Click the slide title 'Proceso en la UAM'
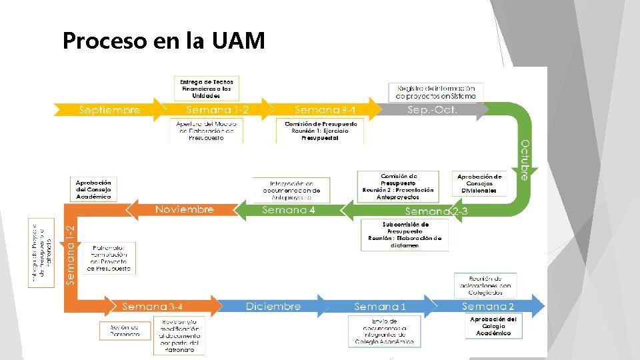click(163, 41)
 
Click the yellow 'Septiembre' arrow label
click(110, 110)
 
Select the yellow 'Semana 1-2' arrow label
click(217, 109)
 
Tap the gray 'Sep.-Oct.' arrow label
click(433, 109)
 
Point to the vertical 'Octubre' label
click(525, 160)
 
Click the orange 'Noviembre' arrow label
click(185, 209)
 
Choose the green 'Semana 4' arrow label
click(288, 210)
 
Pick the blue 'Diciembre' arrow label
click(273, 307)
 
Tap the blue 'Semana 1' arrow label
click(380, 307)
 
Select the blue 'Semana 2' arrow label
click(488, 307)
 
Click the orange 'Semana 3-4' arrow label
click(153, 307)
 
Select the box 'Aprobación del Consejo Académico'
click(93, 189)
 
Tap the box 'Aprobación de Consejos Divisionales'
click(479, 183)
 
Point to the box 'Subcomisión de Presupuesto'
click(405, 235)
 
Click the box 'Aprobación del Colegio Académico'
click(493, 326)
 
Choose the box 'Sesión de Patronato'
click(125, 330)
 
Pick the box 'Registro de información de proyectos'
click(436, 92)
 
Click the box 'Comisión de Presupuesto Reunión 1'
click(320, 131)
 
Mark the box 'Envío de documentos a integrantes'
click(384, 331)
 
